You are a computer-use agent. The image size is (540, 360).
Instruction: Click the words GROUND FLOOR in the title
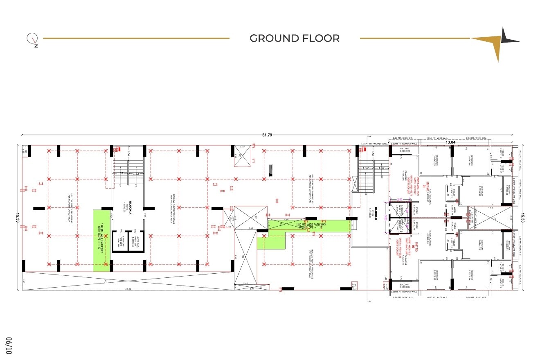coord(295,38)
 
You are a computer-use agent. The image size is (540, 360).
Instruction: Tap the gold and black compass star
coord(499,41)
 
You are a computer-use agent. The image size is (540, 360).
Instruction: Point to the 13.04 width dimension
coord(450,142)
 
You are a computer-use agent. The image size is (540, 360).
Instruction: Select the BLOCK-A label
coord(129,205)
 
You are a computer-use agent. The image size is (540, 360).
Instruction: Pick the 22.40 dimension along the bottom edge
coord(128,289)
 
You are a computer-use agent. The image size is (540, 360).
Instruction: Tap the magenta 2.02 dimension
coord(394,200)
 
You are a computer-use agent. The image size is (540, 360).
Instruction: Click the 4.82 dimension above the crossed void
coord(491,208)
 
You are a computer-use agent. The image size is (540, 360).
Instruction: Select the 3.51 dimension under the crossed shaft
coord(251,228)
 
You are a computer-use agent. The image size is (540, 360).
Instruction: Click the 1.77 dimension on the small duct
coord(242,147)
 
